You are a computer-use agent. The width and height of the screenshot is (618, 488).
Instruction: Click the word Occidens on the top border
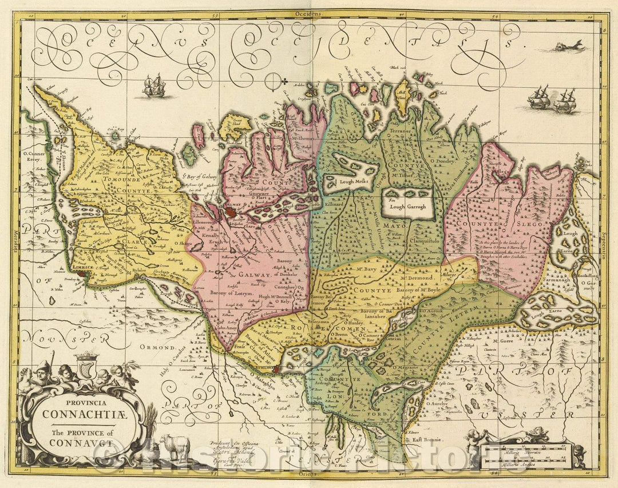pos(307,11)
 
